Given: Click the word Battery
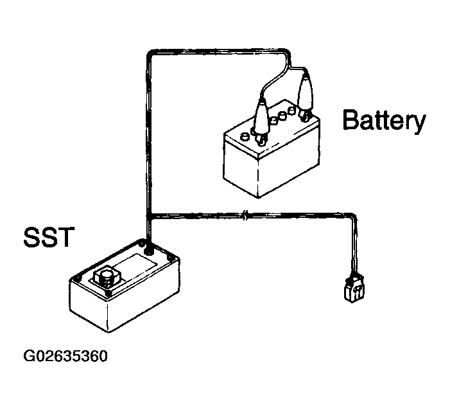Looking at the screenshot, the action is [x=384, y=121].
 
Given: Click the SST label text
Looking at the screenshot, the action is [x=49, y=237].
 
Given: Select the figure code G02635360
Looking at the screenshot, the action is [x=65, y=356].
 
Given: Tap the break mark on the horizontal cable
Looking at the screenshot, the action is [x=245, y=215].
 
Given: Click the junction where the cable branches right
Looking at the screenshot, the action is [x=149, y=215].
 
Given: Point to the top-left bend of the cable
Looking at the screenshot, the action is [x=150, y=54].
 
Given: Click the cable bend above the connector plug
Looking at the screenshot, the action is [x=353, y=217].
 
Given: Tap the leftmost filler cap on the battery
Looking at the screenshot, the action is [x=245, y=136].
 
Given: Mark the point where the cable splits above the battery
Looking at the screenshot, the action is [x=290, y=67].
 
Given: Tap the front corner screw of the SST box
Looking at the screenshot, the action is [x=108, y=294].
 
